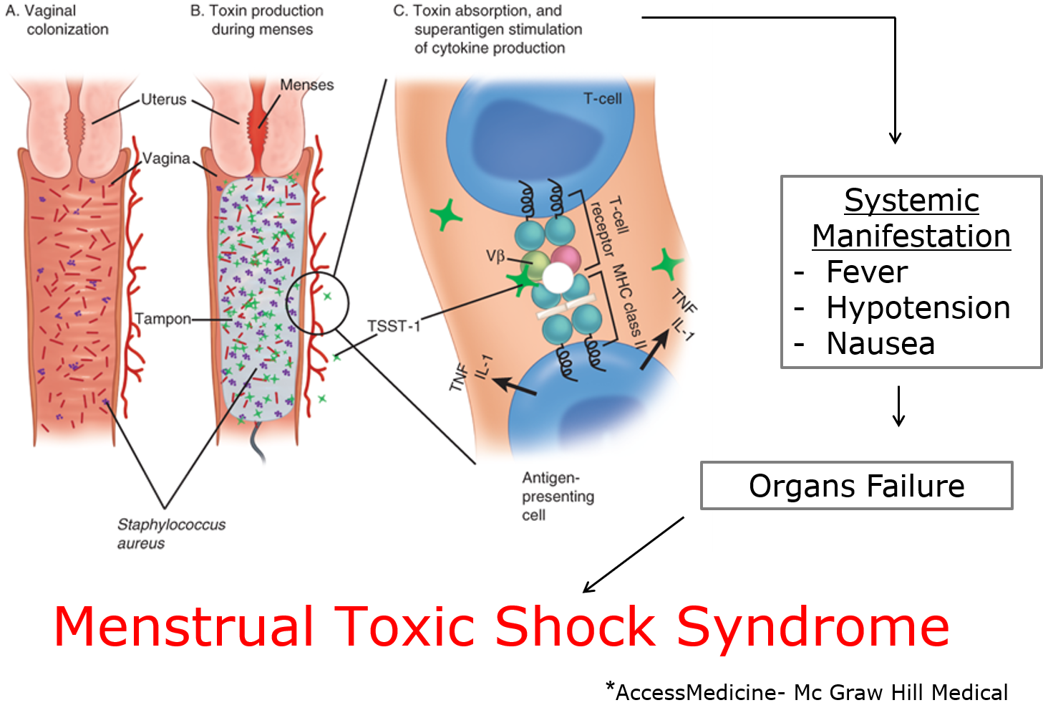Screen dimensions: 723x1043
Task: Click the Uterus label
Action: pyautogui.click(x=163, y=100)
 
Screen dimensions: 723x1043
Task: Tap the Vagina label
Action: pyautogui.click(x=166, y=158)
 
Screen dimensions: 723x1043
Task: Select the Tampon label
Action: pyautogui.click(x=163, y=319)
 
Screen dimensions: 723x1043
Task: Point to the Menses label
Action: pyautogui.click(x=306, y=85)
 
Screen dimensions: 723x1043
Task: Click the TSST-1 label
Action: pyautogui.click(x=393, y=326)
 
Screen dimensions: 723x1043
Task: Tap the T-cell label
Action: pyautogui.click(x=602, y=99)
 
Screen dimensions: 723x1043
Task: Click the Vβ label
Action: pyautogui.click(x=495, y=256)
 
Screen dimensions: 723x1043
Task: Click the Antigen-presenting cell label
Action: pyautogui.click(x=557, y=496)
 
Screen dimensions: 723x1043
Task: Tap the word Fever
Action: pyautogui.click(x=866, y=272)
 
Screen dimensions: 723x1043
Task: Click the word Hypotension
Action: pyautogui.click(x=918, y=308)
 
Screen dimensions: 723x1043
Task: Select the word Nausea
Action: pyautogui.click(x=881, y=344)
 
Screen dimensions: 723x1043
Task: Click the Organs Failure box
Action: pyautogui.click(x=856, y=486)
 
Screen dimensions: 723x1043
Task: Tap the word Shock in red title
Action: pyautogui.click(x=575, y=627)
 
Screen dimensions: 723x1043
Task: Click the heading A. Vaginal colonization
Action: pyautogui.click(x=57, y=20)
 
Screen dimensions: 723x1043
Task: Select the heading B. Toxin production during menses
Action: pyautogui.click(x=258, y=20)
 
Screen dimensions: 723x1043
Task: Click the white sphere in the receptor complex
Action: pyautogui.click(x=558, y=277)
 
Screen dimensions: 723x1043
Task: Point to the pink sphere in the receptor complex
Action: pyautogui.click(x=566, y=257)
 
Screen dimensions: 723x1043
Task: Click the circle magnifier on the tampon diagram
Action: pyautogui.click(x=317, y=303)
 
